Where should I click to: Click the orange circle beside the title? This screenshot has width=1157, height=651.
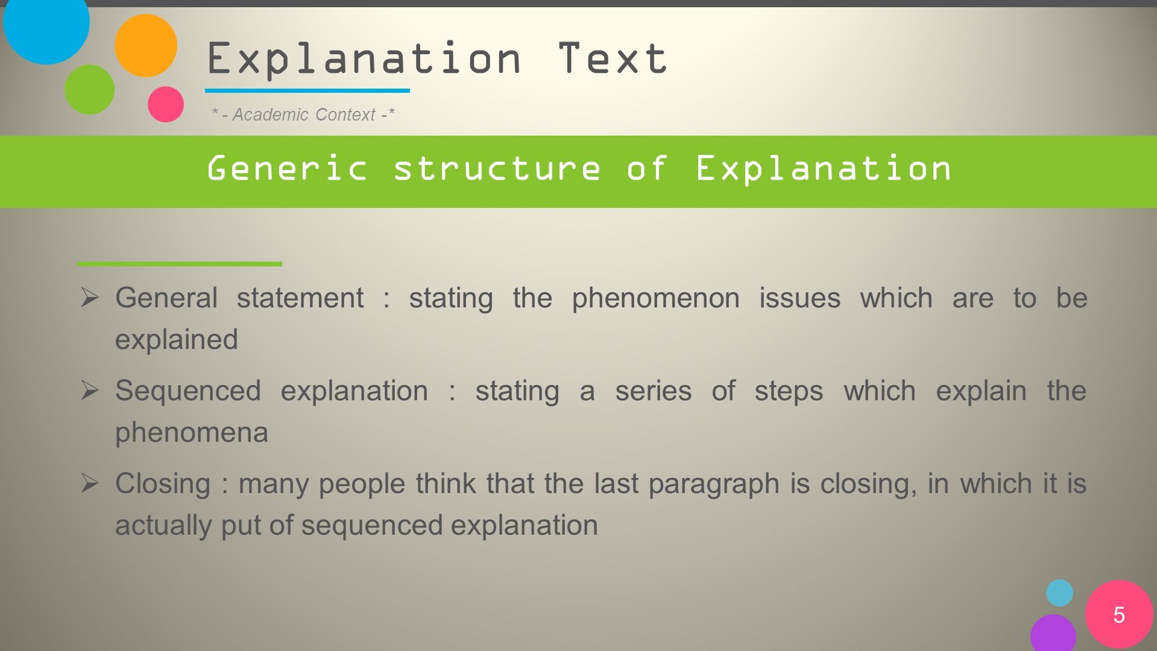coord(145,45)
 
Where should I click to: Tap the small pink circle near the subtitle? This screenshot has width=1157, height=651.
coord(166,104)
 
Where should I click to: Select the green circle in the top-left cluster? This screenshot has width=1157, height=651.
coord(89,89)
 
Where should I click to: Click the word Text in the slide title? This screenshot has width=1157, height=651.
coord(612,58)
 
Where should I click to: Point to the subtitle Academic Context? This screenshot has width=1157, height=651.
coord(304,115)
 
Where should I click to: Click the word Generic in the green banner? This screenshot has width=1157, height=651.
coord(287,168)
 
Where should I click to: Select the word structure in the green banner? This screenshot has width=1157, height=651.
coord(497,168)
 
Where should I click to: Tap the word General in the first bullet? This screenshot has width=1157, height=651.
coord(166,298)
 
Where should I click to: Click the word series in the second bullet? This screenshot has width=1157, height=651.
coord(653,391)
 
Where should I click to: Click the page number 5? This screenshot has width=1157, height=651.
coord(1119,615)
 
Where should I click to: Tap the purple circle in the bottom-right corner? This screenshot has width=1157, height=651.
coord(1053,634)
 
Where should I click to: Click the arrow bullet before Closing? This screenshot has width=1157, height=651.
coord(89,483)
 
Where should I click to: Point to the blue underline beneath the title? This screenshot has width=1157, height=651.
coord(307,90)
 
